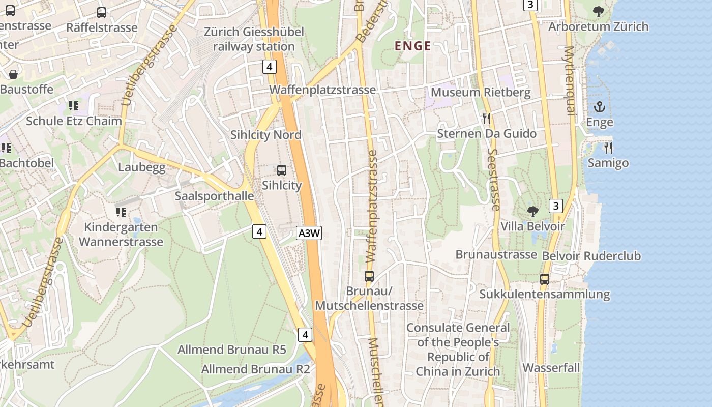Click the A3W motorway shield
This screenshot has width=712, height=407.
(309, 234)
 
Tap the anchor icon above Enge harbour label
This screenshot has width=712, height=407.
(599, 107)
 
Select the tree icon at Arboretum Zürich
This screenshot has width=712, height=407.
(599, 11)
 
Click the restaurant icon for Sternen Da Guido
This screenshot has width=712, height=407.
(487, 119)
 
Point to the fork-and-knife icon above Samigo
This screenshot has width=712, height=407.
(608, 148)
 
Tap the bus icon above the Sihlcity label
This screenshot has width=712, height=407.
(281, 170)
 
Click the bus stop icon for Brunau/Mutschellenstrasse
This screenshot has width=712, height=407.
(369, 276)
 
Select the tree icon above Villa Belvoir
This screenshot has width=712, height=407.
(532, 211)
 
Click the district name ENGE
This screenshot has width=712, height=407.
(413, 46)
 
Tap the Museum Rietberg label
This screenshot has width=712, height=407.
(481, 93)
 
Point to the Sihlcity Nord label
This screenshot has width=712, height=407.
(266, 135)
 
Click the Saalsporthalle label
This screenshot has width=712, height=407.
(214, 196)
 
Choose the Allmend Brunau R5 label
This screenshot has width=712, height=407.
(231, 350)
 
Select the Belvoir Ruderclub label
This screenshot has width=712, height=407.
(591, 256)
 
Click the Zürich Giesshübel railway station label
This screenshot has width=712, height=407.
(254, 39)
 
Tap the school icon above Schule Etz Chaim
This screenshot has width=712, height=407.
(74, 106)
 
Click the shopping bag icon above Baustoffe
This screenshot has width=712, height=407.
(13, 74)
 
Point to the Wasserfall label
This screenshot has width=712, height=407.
(551, 367)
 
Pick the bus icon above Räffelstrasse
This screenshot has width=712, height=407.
(102, 13)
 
